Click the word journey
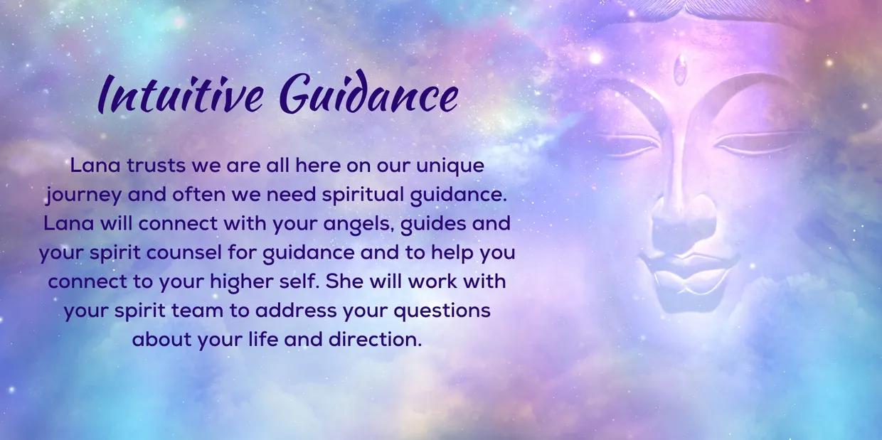[76, 195]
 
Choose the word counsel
[166, 252]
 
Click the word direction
[375, 339]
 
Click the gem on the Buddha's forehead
[681, 70]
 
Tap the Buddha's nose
[684, 217]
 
